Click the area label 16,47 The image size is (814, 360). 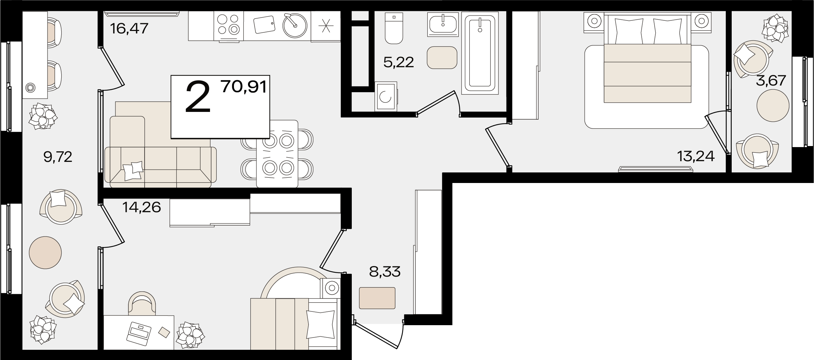tap(129, 28)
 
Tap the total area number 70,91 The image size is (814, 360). tap(244, 87)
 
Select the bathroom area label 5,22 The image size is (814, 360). tap(399, 63)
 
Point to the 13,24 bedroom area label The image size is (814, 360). tap(696, 156)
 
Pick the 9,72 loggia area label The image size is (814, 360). tap(58, 157)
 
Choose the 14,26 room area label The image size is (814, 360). tap(141, 207)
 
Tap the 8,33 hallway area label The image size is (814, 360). tap(384, 272)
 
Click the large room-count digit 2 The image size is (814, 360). tap(198, 97)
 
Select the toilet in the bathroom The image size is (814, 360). tap(394, 28)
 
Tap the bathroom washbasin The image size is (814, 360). tap(443, 24)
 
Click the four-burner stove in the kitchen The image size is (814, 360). tap(228, 25)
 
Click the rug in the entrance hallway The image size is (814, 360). tap(377, 298)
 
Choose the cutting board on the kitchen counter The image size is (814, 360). tap(264, 24)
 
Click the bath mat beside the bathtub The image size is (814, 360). tap(442, 57)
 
